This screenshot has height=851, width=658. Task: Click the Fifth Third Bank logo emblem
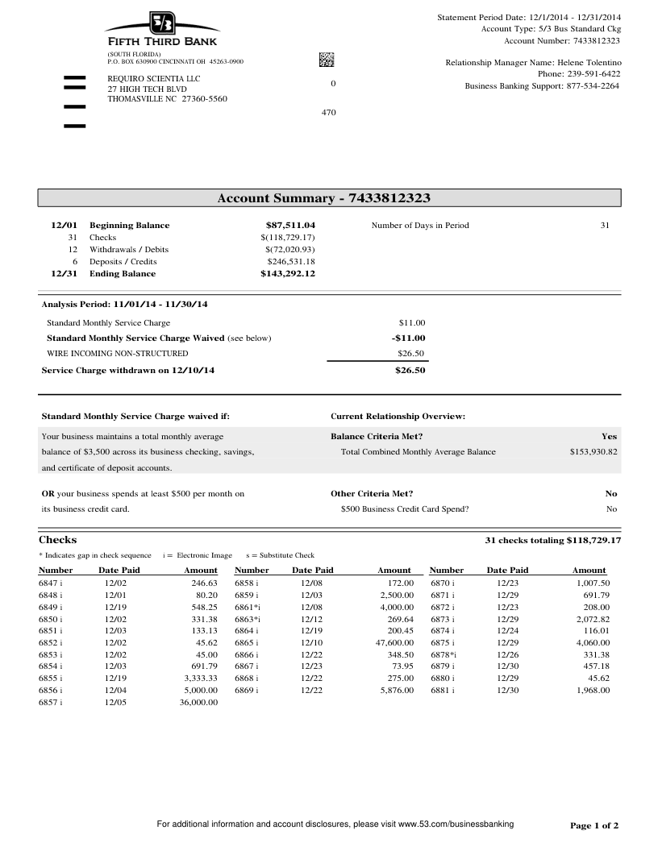(161, 23)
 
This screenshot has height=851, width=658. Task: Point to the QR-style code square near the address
(326, 60)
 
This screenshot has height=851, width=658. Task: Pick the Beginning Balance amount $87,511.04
(290, 225)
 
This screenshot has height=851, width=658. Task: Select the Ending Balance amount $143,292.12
(288, 273)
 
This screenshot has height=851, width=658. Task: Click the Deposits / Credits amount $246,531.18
(288, 261)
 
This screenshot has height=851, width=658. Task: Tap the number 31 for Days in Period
(605, 225)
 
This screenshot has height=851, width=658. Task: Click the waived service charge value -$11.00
(409, 338)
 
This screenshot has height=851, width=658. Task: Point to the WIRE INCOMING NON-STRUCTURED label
(118, 353)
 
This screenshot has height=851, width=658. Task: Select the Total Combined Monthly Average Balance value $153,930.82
(593, 451)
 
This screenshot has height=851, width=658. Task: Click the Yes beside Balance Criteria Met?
(609, 436)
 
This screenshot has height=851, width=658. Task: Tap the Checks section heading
(58, 539)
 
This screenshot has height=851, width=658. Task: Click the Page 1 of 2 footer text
(594, 825)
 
